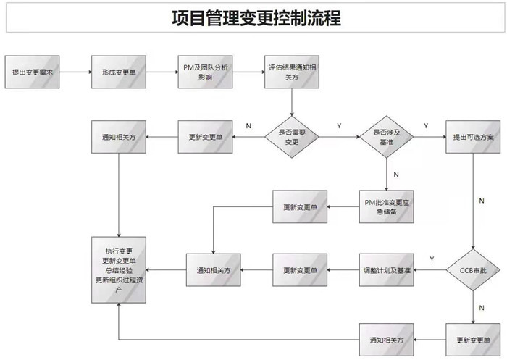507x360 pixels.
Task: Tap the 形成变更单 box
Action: click(x=119, y=72)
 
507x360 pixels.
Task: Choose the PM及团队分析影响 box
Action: click(x=206, y=72)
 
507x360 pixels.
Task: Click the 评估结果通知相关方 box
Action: click(x=291, y=72)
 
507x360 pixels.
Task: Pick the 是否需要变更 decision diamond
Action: click(x=291, y=136)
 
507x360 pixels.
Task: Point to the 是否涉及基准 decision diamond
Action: click(x=385, y=136)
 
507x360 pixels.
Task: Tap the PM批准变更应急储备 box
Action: click(x=385, y=207)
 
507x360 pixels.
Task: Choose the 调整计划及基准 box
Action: click(x=385, y=270)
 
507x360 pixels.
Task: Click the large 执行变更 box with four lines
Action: click(x=120, y=270)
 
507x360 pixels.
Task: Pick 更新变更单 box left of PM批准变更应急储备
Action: click(x=300, y=207)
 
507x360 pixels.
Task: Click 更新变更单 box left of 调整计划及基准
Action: click(x=300, y=270)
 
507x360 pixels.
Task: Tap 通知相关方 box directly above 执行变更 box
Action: click(x=119, y=136)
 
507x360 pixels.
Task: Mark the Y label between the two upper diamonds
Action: click(x=339, y=126)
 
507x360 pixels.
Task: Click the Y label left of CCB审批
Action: click(x=432, y=259)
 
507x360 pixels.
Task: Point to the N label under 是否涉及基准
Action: click(x=396, y=175)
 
